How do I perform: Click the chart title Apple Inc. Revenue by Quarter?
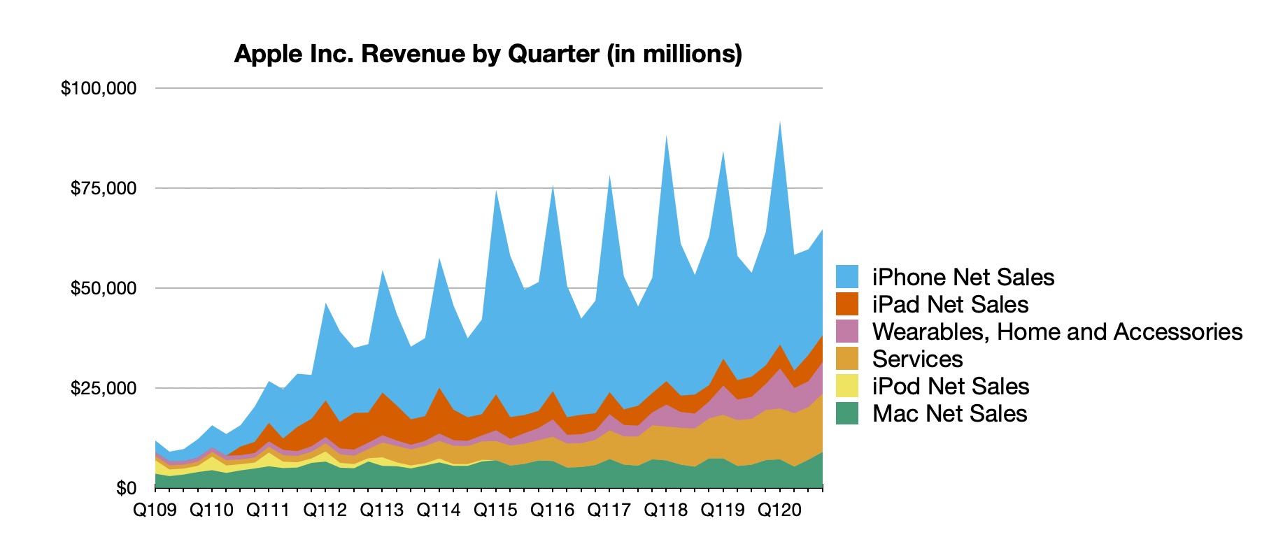point(488,54)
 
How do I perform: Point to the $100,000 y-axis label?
point(99,88)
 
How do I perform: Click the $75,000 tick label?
point(104,188)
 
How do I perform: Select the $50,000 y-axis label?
point(104,288)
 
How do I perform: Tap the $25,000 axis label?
point(104,388)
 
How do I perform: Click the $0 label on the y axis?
point(126,488)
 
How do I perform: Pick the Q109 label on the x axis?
point(155,510)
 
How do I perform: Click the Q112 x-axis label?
point(325,510)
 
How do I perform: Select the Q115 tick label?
point(495,510)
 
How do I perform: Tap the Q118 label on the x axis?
point(666,510)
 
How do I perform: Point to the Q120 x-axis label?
point(779,510)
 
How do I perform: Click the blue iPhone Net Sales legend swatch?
point(847,277)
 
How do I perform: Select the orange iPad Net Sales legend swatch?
point(847,304)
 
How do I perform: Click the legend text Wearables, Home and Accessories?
point(1057,331)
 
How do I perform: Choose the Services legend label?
point(917,359)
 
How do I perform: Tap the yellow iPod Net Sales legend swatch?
point(847,386)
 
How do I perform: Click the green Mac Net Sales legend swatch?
point(847,413)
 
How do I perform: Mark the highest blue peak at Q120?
point(779,126)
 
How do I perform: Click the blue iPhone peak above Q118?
point(666,140)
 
